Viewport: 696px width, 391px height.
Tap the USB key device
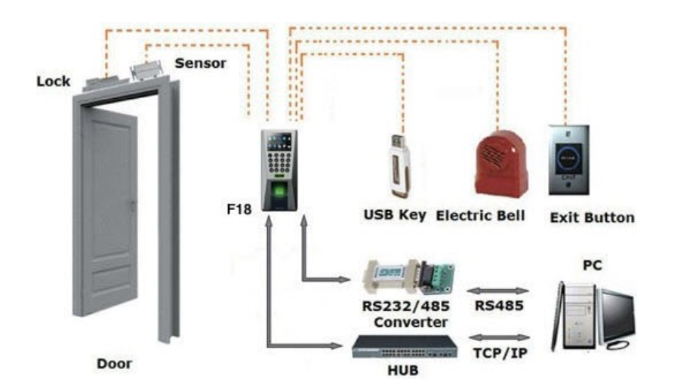[x=398, y=165]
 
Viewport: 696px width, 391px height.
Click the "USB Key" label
[x=395, y=216]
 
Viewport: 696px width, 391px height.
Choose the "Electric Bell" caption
[x=481, y=216]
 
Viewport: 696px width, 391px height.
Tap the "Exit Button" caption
[x=592, y=217]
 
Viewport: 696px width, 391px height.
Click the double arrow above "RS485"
[x=499, y=291]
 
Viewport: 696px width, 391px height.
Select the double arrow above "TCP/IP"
[x=499, y=337]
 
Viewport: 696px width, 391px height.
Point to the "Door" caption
[x=114, y=364]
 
